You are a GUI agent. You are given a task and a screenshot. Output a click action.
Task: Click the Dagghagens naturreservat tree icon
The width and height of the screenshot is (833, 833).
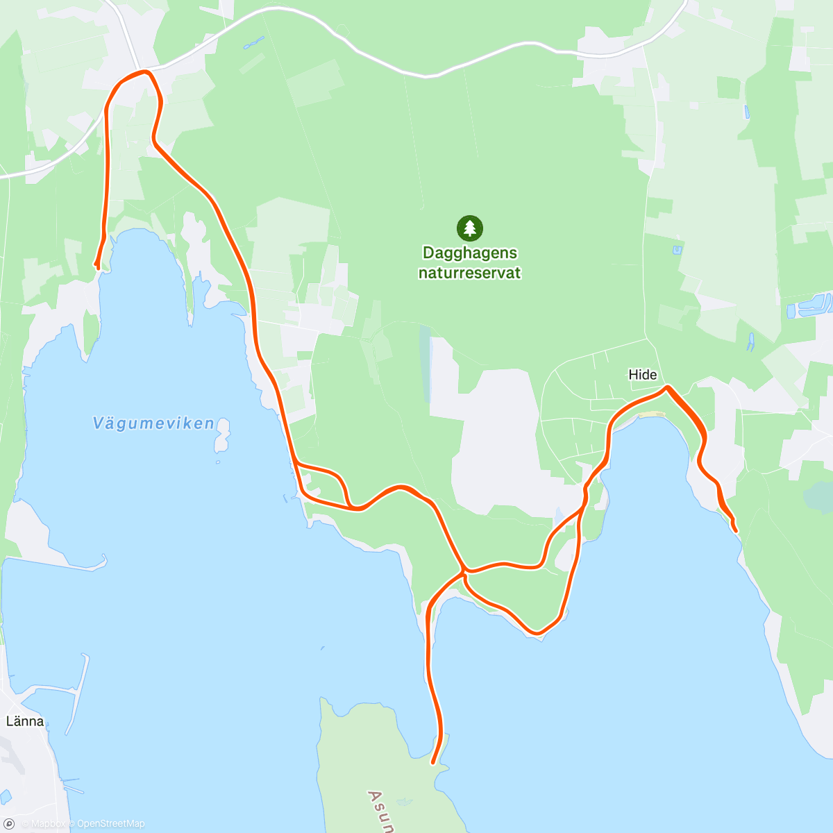470,228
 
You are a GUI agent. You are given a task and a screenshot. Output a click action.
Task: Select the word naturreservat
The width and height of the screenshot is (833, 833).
469,273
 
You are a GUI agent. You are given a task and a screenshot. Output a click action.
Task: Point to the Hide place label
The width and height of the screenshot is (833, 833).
642,375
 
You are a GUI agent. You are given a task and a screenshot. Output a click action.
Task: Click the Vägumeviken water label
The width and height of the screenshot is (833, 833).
153,423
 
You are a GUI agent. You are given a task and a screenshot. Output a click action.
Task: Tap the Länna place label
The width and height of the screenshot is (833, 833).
25,721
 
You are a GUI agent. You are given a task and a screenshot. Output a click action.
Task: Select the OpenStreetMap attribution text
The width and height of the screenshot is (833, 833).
110,824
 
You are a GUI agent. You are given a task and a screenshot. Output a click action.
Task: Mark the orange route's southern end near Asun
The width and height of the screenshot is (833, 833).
434,762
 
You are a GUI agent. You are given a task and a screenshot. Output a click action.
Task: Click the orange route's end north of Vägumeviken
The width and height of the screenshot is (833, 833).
97,265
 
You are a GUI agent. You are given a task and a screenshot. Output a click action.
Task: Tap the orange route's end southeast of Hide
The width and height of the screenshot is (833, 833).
735,531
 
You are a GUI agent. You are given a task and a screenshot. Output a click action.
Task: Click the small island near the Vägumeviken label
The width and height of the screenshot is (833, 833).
222,437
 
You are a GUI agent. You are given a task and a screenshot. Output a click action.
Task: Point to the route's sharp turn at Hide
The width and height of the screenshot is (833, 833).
667,387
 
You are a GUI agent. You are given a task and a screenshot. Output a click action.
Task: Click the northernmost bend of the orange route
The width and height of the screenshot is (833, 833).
144,71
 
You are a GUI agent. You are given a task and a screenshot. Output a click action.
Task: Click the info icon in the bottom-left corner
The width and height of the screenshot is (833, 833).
9,824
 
